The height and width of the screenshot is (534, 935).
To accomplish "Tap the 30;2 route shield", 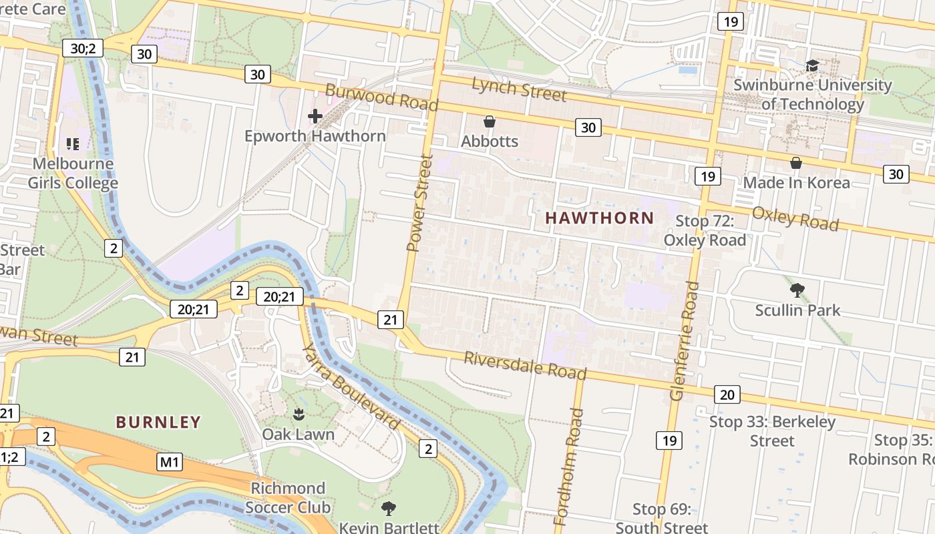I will pos(83,48).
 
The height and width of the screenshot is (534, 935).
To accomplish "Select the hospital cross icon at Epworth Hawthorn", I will pos(315,116).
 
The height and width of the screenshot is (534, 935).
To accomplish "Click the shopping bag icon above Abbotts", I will pos(490,121).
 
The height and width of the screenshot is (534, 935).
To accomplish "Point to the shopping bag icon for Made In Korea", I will pos(796,163).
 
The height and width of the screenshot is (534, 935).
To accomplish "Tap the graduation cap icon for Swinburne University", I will pos(812,65).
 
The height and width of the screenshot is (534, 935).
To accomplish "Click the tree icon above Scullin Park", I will pos(797,290).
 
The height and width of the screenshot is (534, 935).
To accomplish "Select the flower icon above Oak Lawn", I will pos(299,415).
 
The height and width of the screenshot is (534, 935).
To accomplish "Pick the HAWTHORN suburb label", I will pos(599,218).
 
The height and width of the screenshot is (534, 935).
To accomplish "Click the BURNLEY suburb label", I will pos(158,422).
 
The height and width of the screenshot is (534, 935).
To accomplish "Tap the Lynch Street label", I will pos(519,88).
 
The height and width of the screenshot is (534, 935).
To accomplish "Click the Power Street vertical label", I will pos(420,203).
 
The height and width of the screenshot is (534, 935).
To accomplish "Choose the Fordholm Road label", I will pos(569,466).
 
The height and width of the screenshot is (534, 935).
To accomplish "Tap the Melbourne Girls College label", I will pos(73,173).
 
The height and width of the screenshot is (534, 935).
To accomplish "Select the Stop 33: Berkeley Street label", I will pos(772,431).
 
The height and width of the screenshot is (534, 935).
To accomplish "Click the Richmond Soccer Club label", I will pos(288,498).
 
